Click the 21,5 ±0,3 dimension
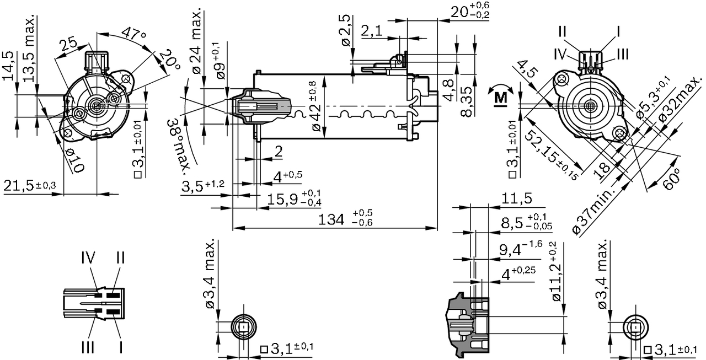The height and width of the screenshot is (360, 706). pyautogui.click(x=30, y=186)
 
